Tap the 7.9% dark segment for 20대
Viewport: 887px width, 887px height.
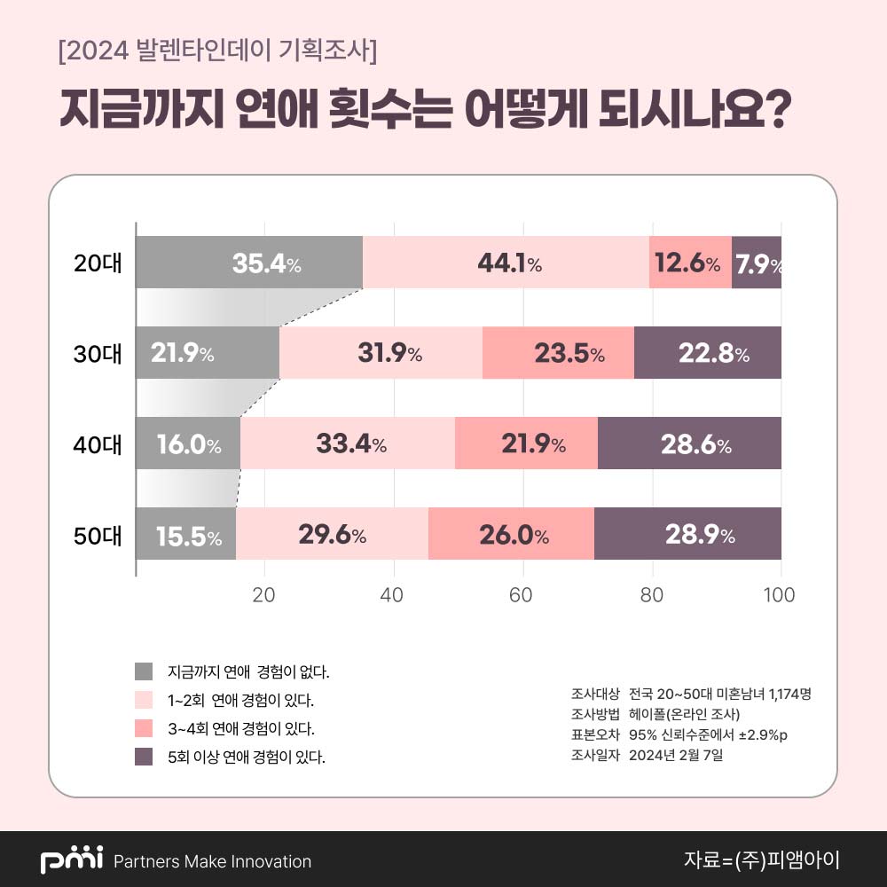[757, 263]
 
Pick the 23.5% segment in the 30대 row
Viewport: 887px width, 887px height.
[558, 353]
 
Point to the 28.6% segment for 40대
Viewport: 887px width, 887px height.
[689, 443]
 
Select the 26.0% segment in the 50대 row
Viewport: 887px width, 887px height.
[511, 534]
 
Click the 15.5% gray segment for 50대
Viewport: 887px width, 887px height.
[186, 534]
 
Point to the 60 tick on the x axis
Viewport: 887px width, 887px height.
[522, 595]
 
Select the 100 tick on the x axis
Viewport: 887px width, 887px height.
[780, 595]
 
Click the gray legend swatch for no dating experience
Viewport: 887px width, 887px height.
[144, 671]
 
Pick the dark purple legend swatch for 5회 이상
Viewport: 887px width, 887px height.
[144, 757]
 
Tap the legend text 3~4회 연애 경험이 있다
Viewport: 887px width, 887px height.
[241, 729]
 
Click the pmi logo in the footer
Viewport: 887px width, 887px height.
[72, 860]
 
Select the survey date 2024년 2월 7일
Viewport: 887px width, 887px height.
[676, 756]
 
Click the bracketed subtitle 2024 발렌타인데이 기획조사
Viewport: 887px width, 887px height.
[217, 51]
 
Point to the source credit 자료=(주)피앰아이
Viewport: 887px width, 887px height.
[761, 860]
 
